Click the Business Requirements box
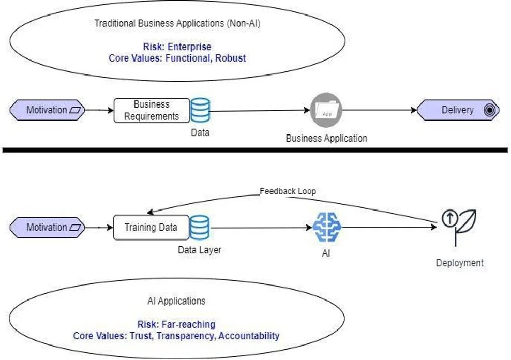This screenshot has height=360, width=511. point(151,110)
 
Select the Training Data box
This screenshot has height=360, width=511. point(151,228)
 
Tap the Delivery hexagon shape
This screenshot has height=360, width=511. point(458,110)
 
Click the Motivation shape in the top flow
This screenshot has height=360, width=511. point(47,110)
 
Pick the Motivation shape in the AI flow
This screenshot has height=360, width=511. point(47,228)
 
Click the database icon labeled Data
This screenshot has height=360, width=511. point(200,110)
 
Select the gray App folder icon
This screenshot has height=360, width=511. point(326,110)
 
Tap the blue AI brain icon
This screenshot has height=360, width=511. point(326,228)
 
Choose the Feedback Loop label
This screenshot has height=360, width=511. point(288,191)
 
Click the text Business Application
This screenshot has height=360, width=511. point(326,138)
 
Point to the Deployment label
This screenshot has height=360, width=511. point(459,263)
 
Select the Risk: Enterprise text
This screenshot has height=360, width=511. point(177,47)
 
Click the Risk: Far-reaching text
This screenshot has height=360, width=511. point(176,324)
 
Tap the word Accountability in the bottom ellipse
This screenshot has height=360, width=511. point(249,336)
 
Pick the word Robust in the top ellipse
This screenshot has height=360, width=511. point(231,58)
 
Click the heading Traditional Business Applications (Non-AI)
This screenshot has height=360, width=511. point(177,23)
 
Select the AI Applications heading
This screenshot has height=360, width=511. point(176,301)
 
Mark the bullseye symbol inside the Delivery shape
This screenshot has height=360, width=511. point(488,110)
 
